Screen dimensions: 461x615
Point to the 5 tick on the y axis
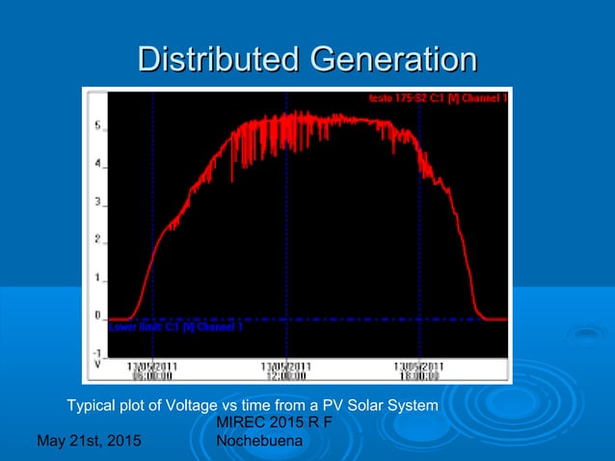(97, 125)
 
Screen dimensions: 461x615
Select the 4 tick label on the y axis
(97, 164)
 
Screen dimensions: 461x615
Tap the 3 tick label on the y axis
(97, 202)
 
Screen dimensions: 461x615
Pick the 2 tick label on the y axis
(97, 239)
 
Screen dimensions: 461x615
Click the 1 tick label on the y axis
(97, 278)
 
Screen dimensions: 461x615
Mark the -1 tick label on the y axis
(96, 353)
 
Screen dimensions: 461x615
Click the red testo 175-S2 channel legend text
(439, 97)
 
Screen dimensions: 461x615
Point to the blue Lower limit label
(175, 327)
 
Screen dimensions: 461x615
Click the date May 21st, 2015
(87, 441)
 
